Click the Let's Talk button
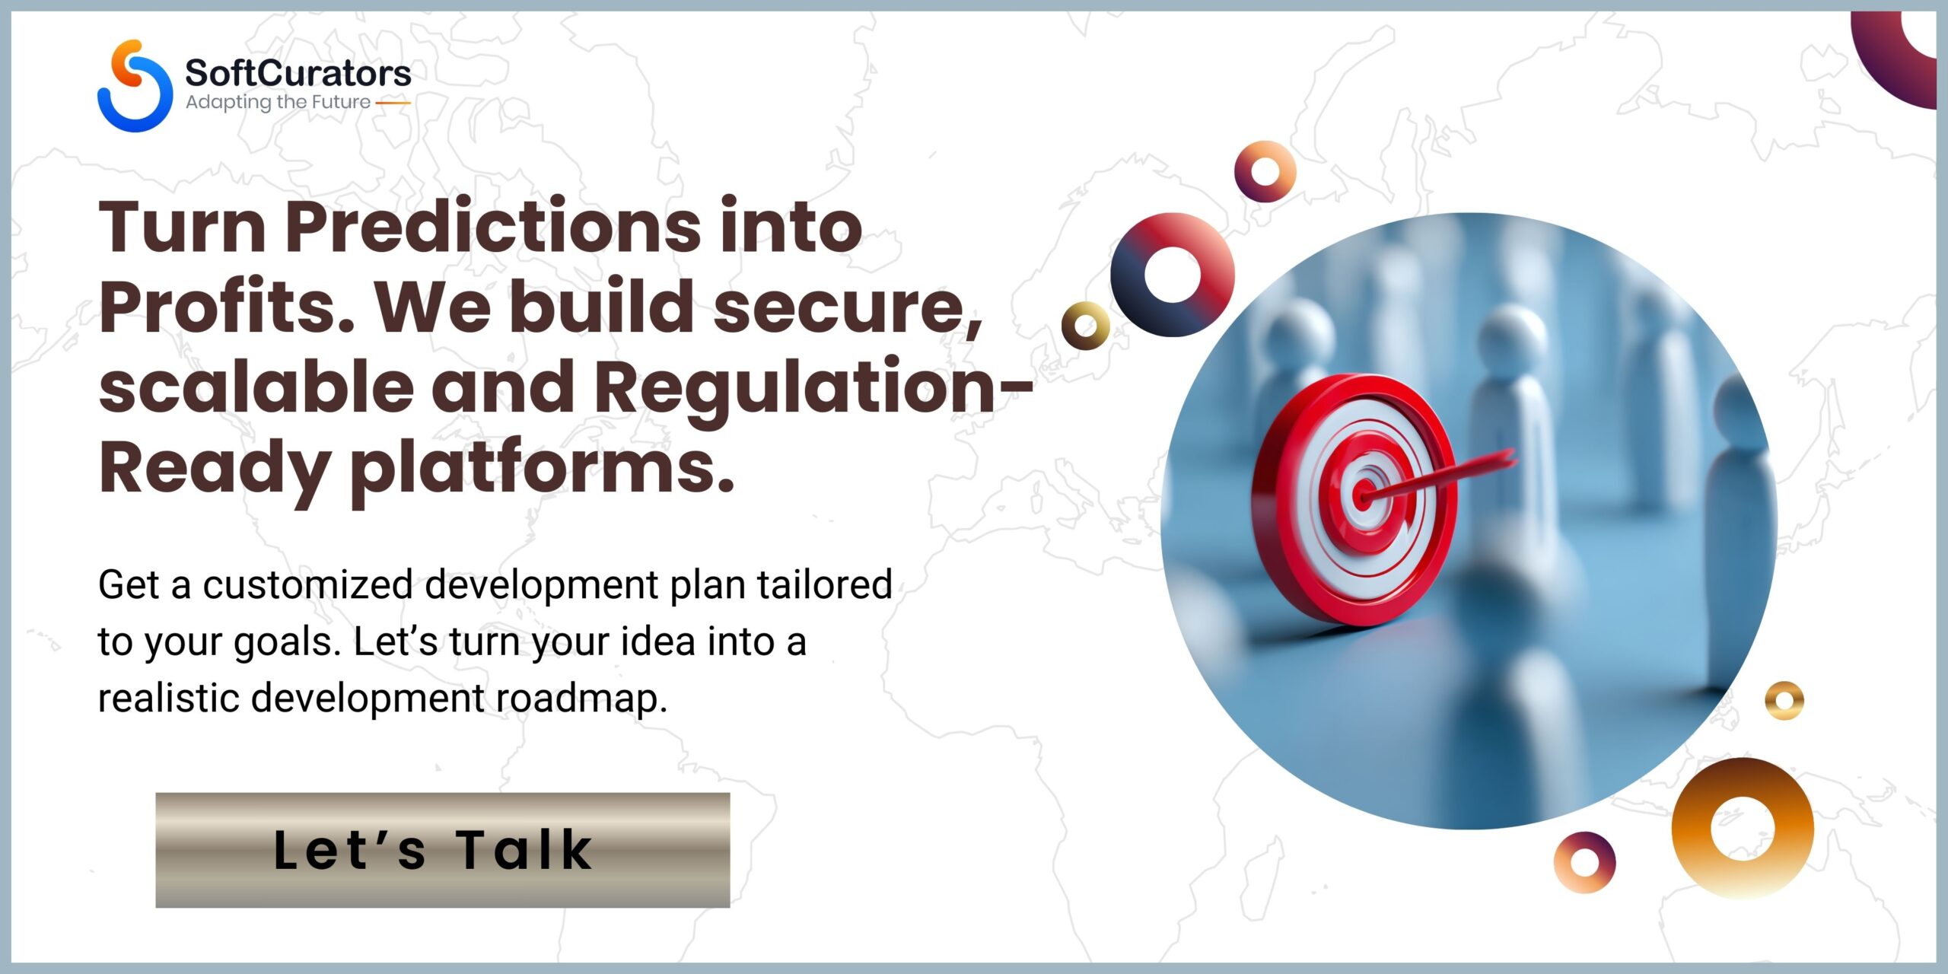tap(443, 850)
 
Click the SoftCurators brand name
tap(298, 73)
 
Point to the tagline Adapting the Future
tap(279, 102)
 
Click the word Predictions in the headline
tap(493, 226)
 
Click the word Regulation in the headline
tap(795, 389)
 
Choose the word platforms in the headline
tap(542, 469)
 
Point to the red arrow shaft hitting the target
tap(1438, 477)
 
